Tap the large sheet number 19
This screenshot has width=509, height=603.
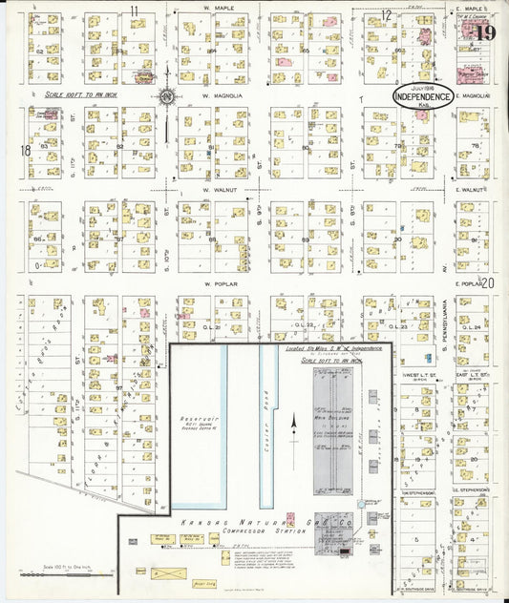pyautogui.click(x=485, y=33)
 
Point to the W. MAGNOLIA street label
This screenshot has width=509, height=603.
pyautogui.click(x=220, y=96)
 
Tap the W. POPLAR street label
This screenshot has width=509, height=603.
pyautogui.click(x=218, y=282)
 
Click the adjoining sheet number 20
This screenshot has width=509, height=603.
pyautogui.click(x=489, y=282)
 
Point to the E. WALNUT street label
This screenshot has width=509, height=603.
pyautogui.click(x=472, y=190)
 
